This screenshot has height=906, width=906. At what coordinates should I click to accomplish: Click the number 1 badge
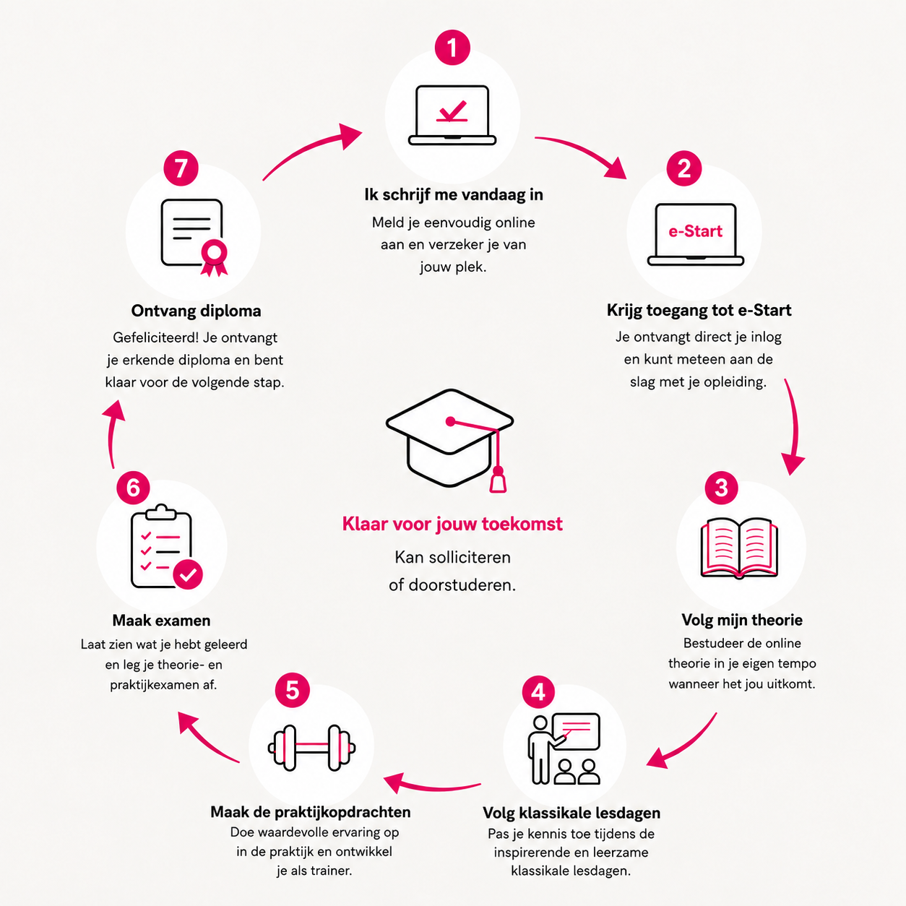point(452,48)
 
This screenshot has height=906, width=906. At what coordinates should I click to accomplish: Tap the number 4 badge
point(538,691)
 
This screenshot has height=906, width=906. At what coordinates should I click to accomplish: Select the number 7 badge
point(181,168)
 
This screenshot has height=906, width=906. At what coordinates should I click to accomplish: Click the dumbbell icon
point(311,748)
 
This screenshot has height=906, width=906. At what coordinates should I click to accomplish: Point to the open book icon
point(739,548)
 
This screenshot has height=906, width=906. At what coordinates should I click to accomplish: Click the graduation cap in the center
point(450,439)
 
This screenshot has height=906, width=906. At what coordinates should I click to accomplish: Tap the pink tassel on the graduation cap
point(497,480)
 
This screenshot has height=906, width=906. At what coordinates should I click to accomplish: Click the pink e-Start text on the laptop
point(695,231)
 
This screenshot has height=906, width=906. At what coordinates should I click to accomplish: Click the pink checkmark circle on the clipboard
point(188,574)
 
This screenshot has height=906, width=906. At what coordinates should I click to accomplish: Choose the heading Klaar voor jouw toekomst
point(452,524)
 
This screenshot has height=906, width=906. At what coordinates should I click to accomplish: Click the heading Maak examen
point(161,621)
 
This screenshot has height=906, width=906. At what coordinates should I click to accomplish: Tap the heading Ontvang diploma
point(196,311)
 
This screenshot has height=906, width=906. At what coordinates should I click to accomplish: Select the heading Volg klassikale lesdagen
point(571,813)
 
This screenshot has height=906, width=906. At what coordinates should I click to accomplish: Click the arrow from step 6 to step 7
point(111,433)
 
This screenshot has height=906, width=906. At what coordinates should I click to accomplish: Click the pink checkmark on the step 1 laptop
point(452,111)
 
